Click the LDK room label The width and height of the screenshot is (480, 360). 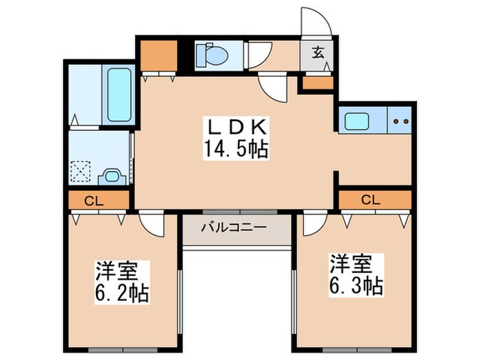point(238,128)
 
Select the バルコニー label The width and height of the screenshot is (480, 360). point(235,226)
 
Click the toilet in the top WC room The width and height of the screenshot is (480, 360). point(210,53)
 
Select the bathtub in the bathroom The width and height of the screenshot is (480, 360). point(119,93)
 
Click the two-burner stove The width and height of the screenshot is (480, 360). point(400,121)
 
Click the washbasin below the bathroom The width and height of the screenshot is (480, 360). point(112,176)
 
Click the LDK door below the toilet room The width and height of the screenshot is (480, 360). point(272,85)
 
